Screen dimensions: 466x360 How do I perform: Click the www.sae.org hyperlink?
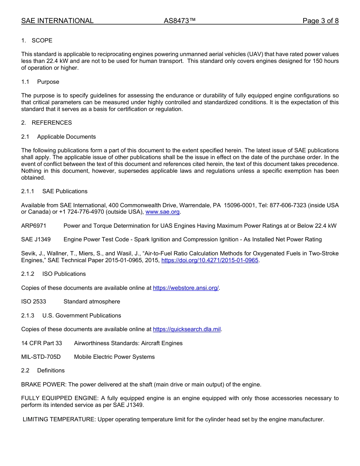pyautogui.click(x=163, y=212)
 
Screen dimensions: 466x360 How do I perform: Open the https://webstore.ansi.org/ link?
pyautogui.click(x=186, y=288)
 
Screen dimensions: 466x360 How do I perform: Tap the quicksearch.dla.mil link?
pyautogui.click(x=186, y=329)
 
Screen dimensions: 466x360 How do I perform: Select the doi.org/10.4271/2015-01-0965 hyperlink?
pyautogui.click(x=210, y=260)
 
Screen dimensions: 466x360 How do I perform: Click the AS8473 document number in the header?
pyautogui.click(x=180, y=21)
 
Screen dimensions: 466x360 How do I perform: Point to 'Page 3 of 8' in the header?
pyautogui.click(x=320, y=21)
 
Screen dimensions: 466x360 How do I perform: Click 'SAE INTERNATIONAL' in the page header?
pyautogui.click(x=57, y=21)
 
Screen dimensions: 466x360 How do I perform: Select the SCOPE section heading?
pyautogui.click(x=42, y=41)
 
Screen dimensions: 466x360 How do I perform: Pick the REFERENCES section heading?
pyautogui.click(x=52, y=123)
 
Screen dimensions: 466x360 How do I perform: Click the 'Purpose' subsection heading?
pyautogui.click(x=48, y=82)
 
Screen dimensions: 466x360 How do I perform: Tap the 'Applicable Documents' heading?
pyautogui.click(x=66, y=137)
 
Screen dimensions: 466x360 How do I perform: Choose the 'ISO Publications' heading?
pyautogui.click(x=64, y=274)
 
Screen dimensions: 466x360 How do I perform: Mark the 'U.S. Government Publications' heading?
pyautogui.click(x=81, y=316)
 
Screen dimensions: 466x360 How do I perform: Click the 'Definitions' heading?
pyautogui.click(x=51, y=371)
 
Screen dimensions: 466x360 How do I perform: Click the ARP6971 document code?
pyautogui.click(x=34, y=226)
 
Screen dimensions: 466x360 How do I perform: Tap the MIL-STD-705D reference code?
pyautogui.click(x=41, y=357)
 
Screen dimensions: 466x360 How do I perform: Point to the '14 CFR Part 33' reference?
pyautogui.click(x=42, y=343)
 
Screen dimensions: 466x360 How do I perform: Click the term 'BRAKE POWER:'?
pyautogui.click(x=44, y=385)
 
